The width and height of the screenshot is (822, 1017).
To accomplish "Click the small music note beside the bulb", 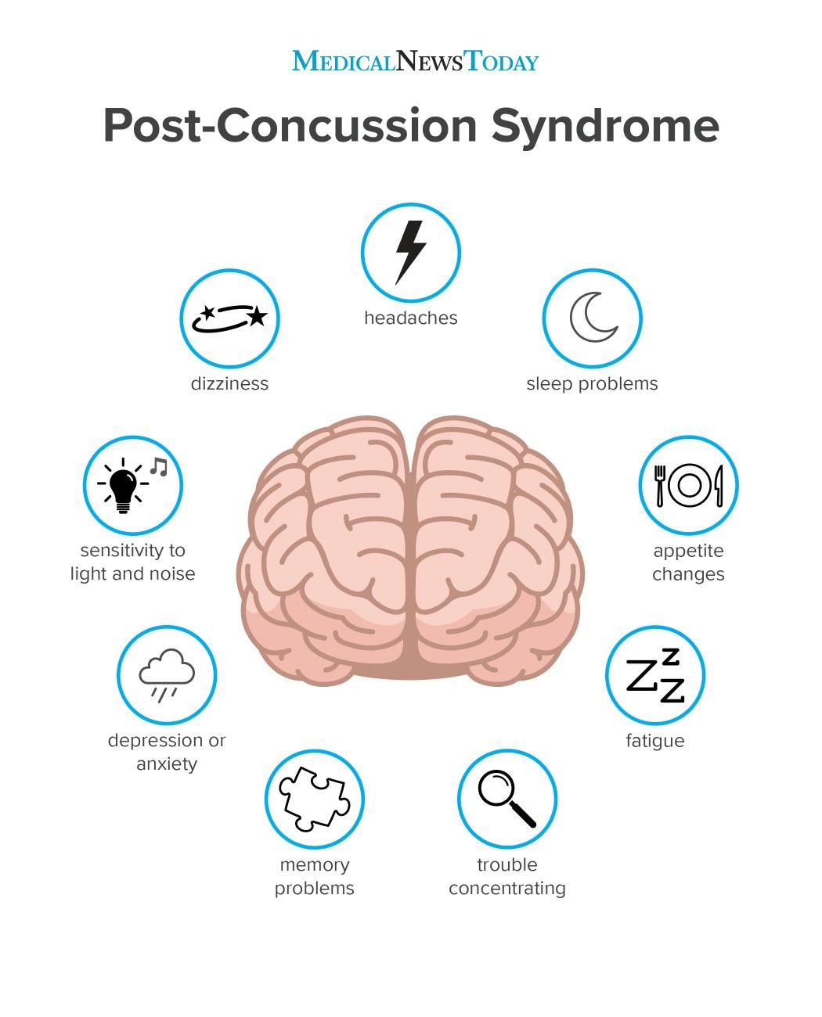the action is coord(159,466).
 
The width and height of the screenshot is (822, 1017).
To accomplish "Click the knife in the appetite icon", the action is coord(719,486).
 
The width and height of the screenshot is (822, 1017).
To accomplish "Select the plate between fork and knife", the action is coord(689,486).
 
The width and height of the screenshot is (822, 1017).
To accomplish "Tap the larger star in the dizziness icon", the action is coord(258,315).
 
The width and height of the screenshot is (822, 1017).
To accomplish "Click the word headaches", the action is coord(411,318).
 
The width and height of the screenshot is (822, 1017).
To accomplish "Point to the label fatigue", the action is coord(654,741).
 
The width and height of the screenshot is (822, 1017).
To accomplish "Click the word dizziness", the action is coord(229,384).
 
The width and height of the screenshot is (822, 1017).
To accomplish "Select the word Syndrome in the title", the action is coord(605,126).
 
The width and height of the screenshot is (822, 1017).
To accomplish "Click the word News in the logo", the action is coord(429,61).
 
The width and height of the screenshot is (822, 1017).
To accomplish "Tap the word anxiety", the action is coord(167,764).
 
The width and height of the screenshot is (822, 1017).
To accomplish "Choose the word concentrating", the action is coord(507,889).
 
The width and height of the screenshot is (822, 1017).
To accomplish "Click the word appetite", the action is coord(688,552).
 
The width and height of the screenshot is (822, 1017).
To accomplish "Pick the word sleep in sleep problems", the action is coord(550,384).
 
